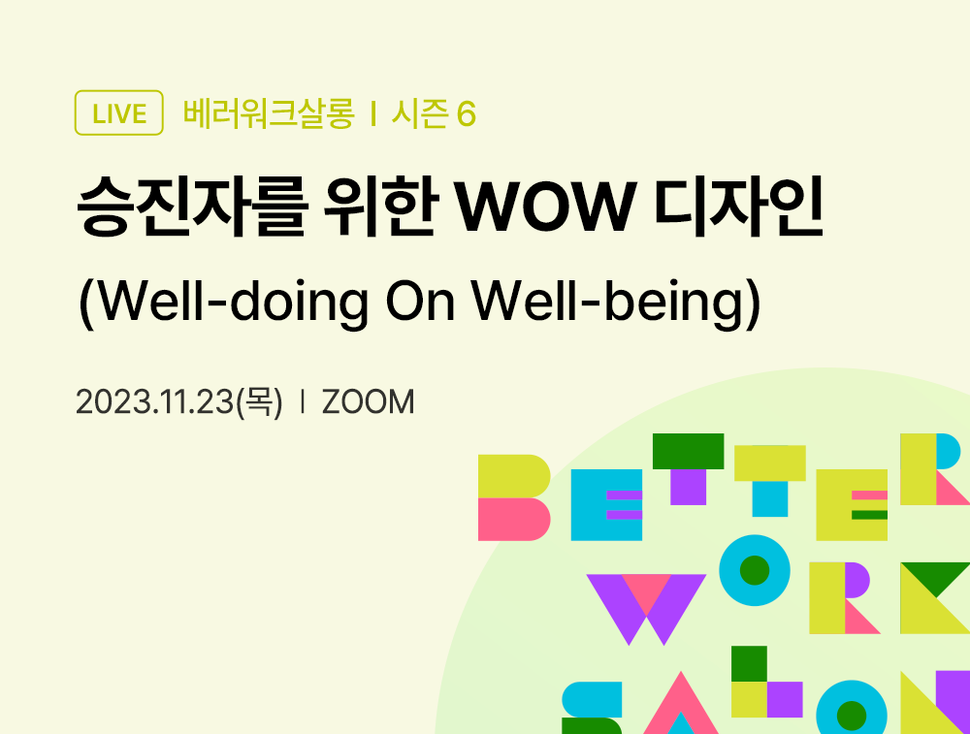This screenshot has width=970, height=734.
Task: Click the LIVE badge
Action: [x=118, y=113]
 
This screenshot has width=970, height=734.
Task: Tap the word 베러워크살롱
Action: [x=269, y=113]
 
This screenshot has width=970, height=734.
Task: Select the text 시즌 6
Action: [x=434, y=113]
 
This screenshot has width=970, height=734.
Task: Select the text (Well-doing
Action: [x=222, y=304]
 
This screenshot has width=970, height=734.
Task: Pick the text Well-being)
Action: [x=616, y=304]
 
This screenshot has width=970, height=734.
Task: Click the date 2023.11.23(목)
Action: [x=179, y=401]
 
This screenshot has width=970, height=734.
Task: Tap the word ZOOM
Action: [x=368, y=401]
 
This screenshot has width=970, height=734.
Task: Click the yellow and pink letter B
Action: [x=514, y=496]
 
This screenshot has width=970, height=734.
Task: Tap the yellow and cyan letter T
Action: [x=769, y=479]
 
